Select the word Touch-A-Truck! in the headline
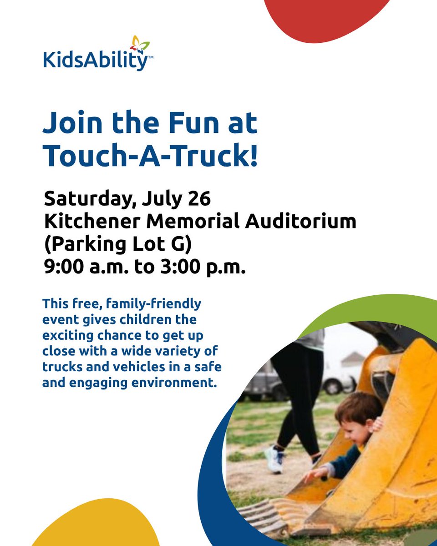tap(150, 156)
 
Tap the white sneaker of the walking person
tap(275, 459)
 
